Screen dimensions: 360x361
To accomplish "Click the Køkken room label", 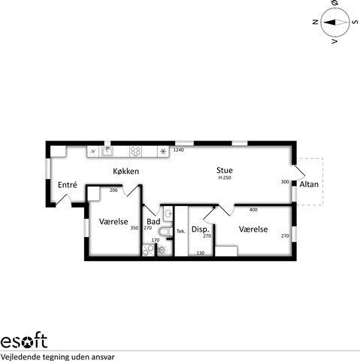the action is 126,171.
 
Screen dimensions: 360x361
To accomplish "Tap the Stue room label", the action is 225,170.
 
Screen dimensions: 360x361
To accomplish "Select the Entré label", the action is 67,185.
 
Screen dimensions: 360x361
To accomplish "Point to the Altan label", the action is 309,184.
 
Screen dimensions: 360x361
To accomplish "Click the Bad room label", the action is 153,221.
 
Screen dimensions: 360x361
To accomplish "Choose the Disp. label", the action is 201,229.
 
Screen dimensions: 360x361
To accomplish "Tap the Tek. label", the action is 181,231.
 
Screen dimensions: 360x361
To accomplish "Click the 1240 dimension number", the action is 179,150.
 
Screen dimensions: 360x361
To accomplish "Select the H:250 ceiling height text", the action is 225,177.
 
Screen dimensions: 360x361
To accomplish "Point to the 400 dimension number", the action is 253,210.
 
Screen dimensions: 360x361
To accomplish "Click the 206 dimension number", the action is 113,190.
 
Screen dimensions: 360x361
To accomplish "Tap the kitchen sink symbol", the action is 107,151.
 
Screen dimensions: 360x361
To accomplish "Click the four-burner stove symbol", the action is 135,152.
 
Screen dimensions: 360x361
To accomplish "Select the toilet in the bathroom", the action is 165,231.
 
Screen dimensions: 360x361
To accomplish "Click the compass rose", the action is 335,22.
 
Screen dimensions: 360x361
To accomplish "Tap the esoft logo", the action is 24,341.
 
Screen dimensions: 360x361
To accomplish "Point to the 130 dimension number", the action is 201,253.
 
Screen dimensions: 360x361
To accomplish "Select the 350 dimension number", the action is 135,228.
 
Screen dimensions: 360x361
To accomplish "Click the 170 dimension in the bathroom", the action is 156,240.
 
